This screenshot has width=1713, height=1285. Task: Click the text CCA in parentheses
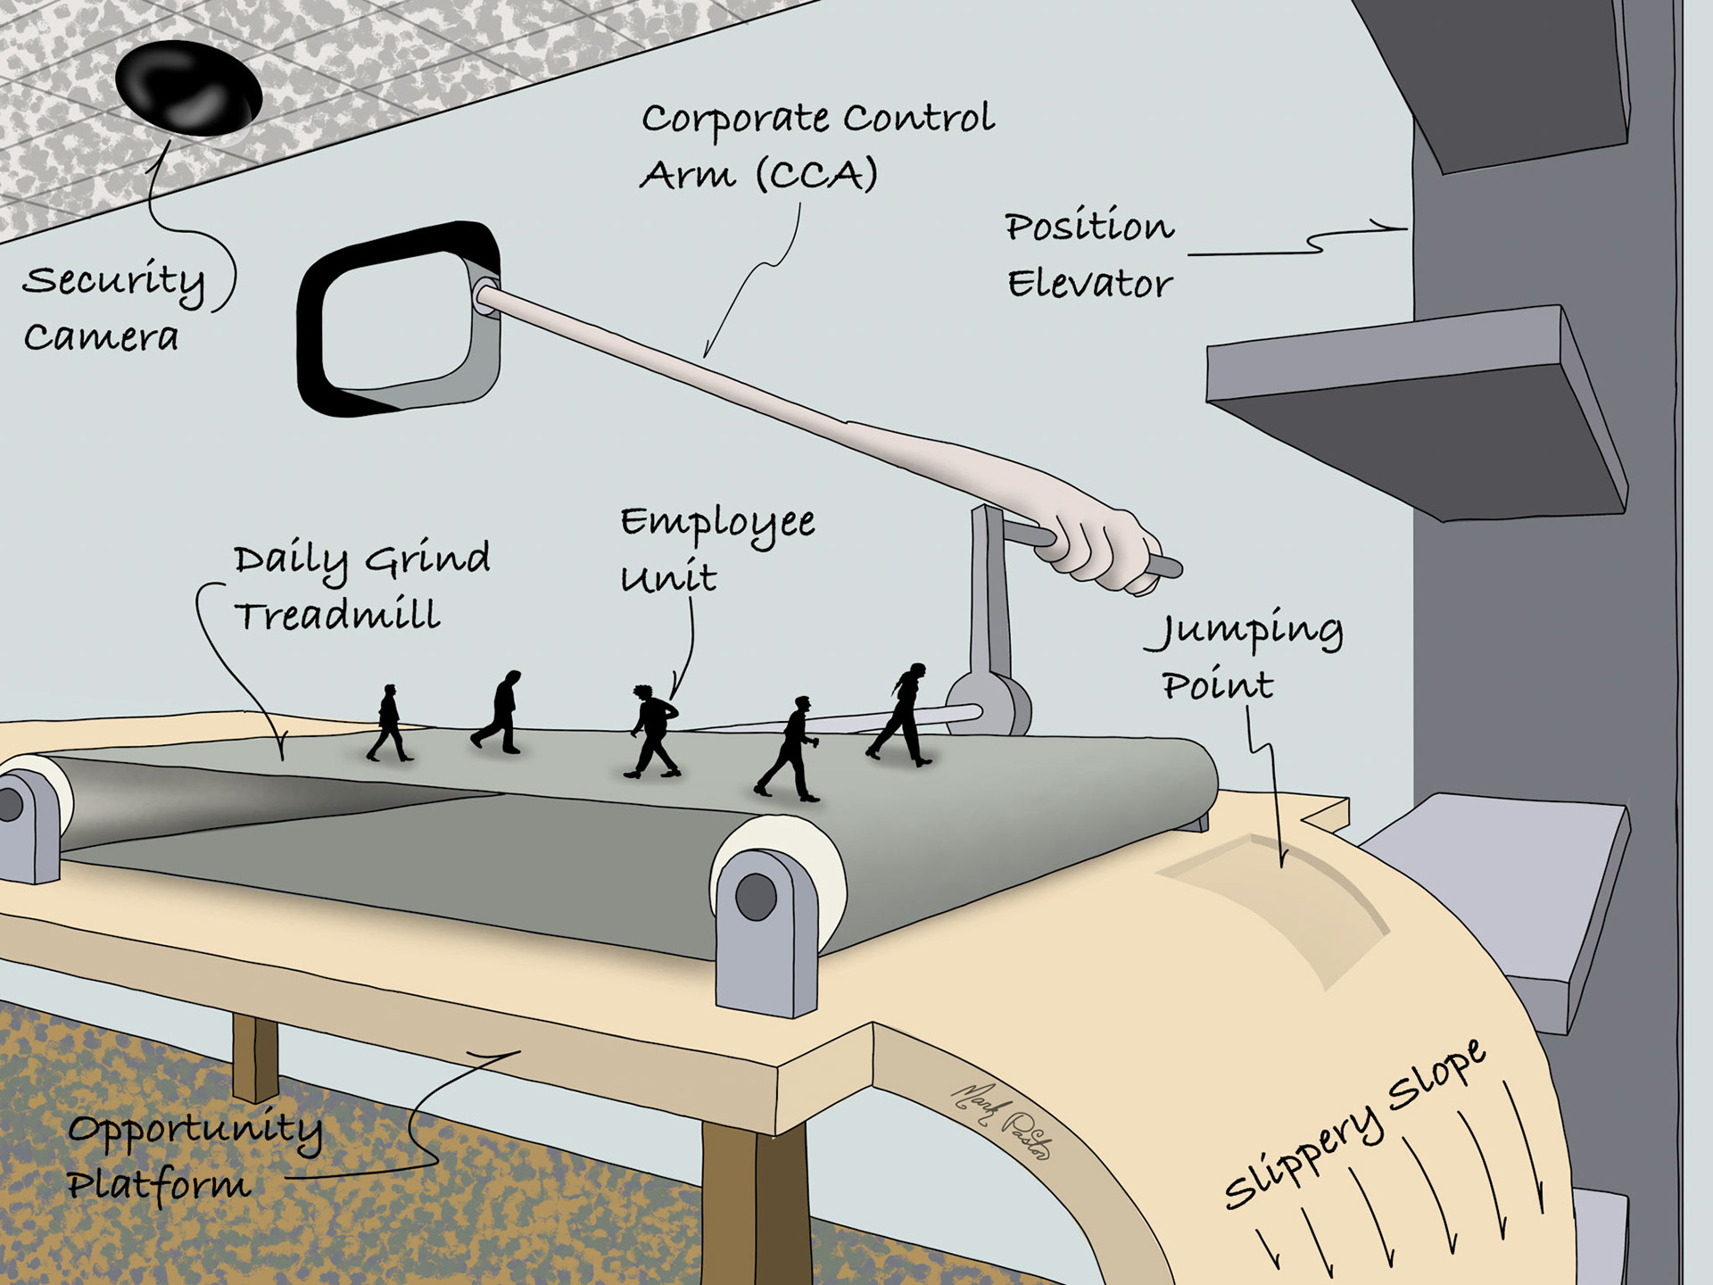click(x=817, y=175)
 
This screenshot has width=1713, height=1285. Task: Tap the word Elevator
click(x=1089, y=285)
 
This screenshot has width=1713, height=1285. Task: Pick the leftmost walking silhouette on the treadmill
click(x=389, y=723)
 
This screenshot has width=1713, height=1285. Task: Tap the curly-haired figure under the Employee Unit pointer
click(x=654, y=731)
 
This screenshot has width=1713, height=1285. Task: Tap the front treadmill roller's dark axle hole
click(x=757, y=897)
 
